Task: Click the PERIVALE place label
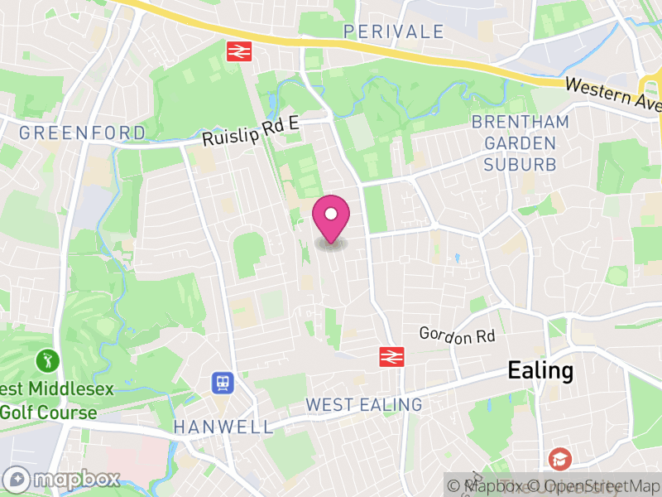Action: [x=394, y=31]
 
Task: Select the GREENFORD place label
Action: [x=82, y=133]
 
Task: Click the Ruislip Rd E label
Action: [x=252, y=133]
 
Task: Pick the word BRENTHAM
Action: [x=520, y=123]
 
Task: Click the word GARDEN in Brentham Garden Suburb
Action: [x=520, y=143]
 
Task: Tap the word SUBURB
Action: [x=520, y=164]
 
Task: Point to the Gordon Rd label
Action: [x=457, y=335]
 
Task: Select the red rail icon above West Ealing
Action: [x=391, y=356]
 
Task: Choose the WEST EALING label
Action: [x=363, y=405]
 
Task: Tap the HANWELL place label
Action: [x=223, y=427]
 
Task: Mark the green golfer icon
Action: [x=47, y=361]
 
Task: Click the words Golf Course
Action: [x=49, y=412]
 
